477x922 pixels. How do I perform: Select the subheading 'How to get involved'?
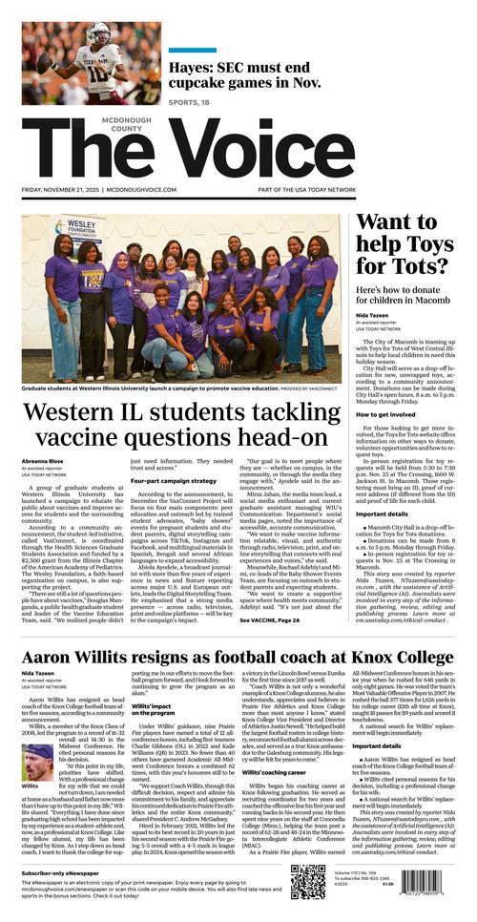pos(387,414)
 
